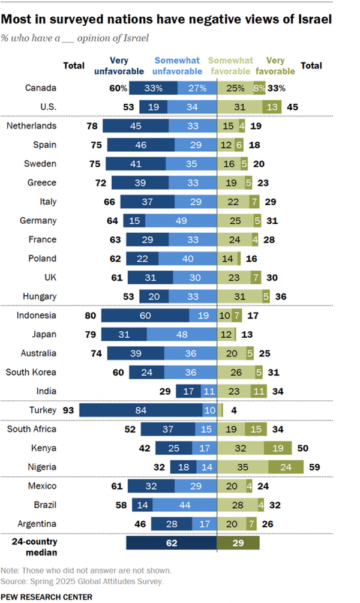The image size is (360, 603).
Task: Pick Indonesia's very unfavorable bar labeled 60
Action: pos(145,316)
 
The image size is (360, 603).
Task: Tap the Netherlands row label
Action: pos(31,126)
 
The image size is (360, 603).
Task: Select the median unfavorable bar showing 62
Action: pos(172,543)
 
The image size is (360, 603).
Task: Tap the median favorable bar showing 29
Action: pos(238,543)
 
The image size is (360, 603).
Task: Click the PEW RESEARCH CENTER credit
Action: pos(47,597)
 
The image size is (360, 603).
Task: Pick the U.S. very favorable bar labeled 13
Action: pos(272,107)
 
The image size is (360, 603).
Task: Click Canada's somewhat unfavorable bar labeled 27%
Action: pos(197,88)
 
